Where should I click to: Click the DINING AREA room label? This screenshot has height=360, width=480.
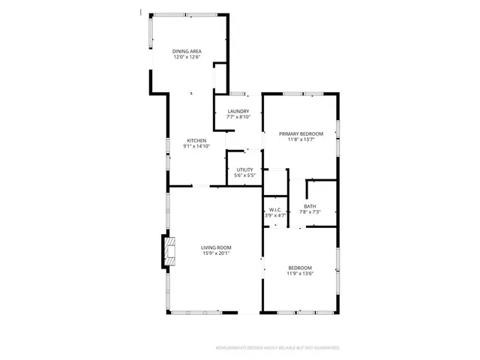click(187, 51)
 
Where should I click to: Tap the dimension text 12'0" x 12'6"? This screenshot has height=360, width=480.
click(187, 57)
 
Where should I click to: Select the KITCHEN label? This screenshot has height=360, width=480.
click(196, 140)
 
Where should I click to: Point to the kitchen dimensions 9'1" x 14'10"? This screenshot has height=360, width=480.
click(196, 146)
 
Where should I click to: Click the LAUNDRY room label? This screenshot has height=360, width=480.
click(238, 112)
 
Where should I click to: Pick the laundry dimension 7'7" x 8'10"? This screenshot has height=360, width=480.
click(238, 118)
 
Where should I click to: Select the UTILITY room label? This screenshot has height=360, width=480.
click(244, 169)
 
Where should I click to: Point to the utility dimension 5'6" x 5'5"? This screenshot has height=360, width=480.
click(244, 175)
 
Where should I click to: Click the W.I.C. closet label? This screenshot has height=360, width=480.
click(275, 210)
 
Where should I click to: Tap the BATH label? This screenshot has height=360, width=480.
click(310, 206)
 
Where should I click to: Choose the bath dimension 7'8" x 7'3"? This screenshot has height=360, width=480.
click(310, 212)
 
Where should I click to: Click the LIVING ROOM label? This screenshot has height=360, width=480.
click(215, 247)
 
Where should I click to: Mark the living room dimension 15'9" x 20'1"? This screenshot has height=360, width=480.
click(215, 253)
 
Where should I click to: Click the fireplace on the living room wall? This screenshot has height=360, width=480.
click(166, 252)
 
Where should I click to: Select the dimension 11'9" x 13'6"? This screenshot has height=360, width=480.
click(300, 274)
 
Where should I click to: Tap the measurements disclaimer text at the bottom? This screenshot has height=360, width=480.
click(277, 348)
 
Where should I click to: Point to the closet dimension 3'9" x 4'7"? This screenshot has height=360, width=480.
click(275, 216)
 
